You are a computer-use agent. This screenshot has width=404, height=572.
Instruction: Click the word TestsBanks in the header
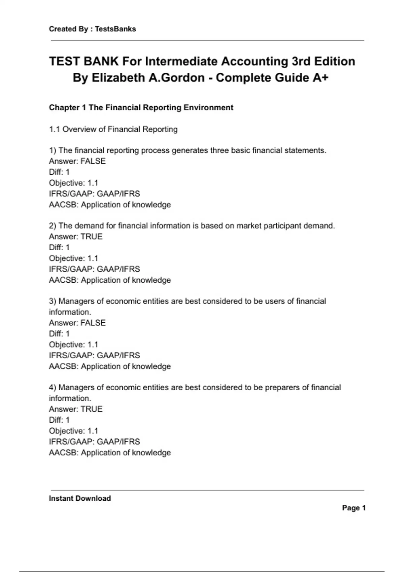click(115, 29)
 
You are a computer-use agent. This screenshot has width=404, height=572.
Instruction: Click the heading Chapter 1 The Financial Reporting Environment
click(141, 108)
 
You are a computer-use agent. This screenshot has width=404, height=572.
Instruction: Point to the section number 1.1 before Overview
click(55, 129)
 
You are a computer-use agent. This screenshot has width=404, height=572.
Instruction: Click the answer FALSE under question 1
click(93, 161)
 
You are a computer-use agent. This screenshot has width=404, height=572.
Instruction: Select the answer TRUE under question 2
click(91, 237)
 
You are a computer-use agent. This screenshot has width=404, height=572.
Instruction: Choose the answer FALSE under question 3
click(93, 323)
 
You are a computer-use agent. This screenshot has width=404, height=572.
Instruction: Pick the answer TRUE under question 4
click(91, 409)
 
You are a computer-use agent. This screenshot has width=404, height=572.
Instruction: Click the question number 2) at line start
click(53, 226)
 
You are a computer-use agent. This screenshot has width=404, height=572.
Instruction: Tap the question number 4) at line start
click(53, 387)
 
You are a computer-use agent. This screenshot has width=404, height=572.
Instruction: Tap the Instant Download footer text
click(80, 498)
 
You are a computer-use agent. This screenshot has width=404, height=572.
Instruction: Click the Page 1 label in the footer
click(353, 508)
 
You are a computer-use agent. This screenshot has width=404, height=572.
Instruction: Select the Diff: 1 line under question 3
click(59, 334)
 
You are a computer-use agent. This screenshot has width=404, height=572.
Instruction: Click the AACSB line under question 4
click(110, 453)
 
